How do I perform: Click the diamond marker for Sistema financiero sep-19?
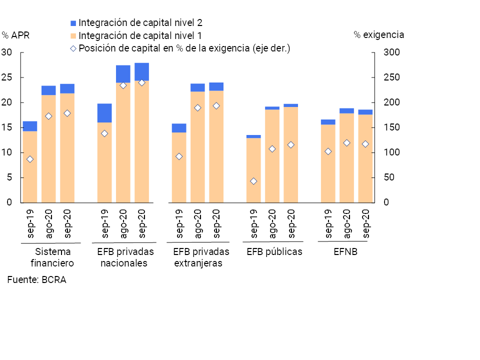[30, 159]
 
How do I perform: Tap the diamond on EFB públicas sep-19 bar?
[253, 181]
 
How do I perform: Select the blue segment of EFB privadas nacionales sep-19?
[104, 113]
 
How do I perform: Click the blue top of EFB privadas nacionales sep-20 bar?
[141, 71]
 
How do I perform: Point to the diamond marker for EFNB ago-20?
[346, 143]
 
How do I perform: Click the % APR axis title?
[16, 35]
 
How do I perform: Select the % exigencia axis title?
[378, 35]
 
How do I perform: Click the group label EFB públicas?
[274, 251]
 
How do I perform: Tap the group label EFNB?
[345, 251]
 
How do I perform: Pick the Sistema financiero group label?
[53, 257]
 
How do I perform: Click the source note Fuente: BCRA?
[36, 280]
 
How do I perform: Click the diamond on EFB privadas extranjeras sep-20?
[216, 106]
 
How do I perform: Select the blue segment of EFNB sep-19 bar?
[328, 122]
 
